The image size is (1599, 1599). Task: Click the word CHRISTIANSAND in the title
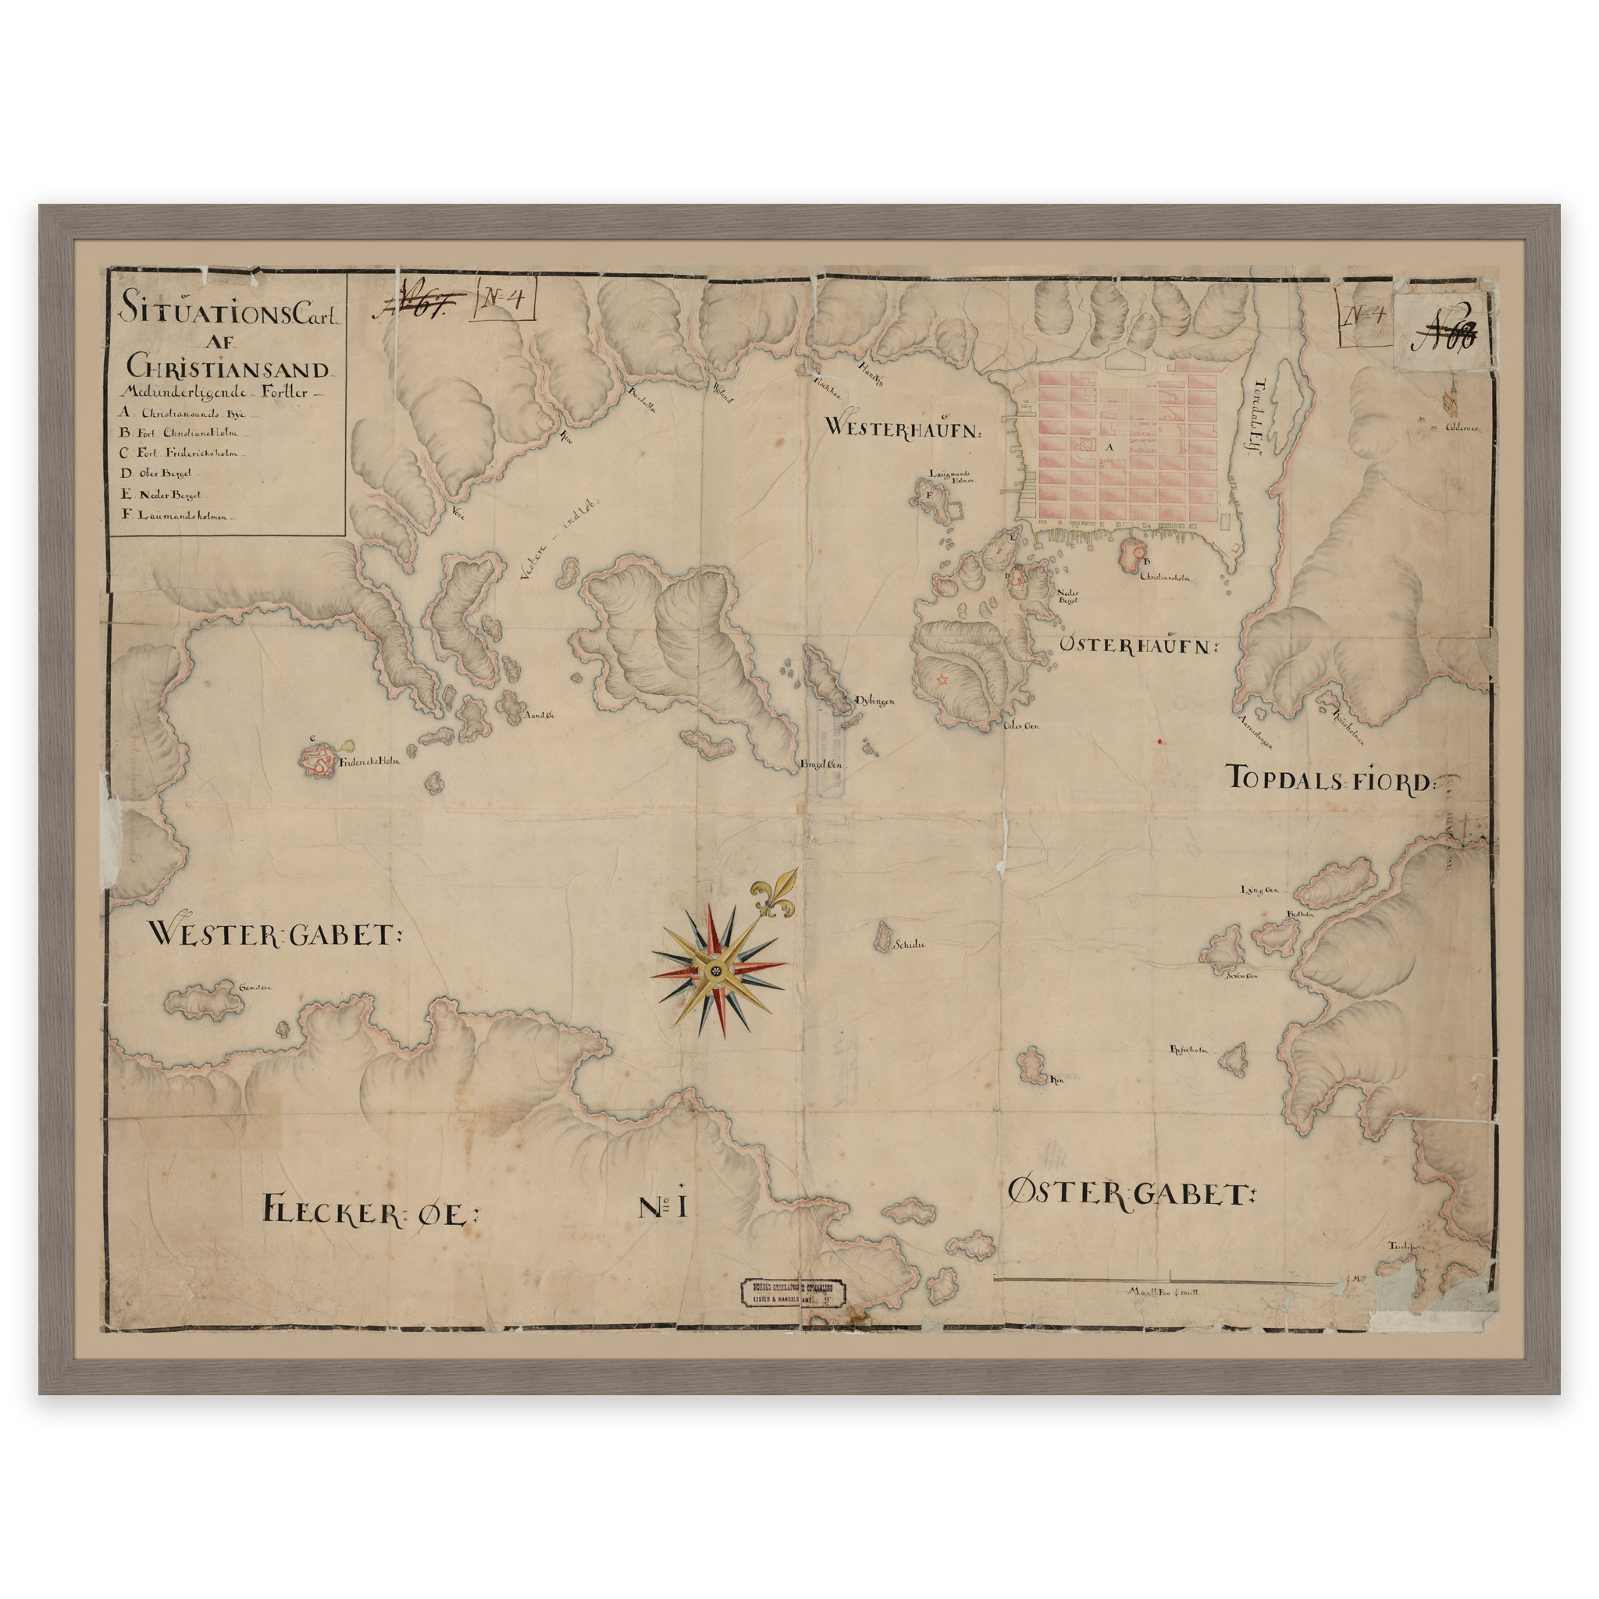tap(229, 368)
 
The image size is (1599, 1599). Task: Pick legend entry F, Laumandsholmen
tap(178, 515)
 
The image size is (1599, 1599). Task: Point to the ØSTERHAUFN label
tap(1139, 645)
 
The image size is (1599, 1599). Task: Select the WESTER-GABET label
tap(274, 935)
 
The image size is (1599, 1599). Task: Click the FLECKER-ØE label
tap(370, 1211)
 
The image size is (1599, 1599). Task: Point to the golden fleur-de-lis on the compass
tap(775, 895)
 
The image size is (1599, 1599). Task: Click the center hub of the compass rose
tap(717, 969)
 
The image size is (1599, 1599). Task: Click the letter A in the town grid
tap(1111, 447)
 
